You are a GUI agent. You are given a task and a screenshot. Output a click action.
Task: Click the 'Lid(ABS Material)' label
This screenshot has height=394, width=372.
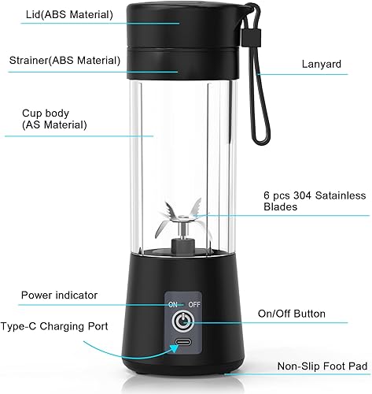pos(69,14)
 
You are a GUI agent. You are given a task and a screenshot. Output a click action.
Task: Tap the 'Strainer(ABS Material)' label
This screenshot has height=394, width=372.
pos(64,61)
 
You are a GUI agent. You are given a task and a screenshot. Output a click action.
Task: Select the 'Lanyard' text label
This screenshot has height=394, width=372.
pos(322,65)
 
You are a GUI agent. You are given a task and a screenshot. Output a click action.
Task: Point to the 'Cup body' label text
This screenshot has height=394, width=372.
pos(46,113)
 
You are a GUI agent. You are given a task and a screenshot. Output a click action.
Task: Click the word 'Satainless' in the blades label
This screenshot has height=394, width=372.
pos(341,195)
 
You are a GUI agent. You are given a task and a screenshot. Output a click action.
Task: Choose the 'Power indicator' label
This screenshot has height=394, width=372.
pos(59,295)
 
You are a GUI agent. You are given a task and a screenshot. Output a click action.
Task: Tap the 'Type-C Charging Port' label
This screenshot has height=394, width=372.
pos(54,326)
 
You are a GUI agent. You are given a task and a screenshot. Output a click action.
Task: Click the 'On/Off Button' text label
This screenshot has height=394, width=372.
pos(292,314)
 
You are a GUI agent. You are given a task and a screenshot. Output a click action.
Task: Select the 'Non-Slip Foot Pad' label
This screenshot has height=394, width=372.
pos(322,366)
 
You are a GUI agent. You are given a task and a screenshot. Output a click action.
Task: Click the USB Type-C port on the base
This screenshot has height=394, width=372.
pos(183,342)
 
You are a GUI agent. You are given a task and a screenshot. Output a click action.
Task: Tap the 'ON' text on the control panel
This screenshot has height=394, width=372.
pos(173,305)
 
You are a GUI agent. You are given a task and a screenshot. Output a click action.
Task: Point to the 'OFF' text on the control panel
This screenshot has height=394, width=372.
pos(194,305)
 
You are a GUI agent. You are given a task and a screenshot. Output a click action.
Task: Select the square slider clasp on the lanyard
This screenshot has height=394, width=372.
pos(252,38)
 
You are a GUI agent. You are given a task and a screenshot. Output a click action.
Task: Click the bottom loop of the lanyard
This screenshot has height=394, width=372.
pos(261,136)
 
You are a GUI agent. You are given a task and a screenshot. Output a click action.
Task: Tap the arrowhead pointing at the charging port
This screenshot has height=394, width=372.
pos(175,349)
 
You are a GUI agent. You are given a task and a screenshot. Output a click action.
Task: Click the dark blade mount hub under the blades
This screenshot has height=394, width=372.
pos(183,246)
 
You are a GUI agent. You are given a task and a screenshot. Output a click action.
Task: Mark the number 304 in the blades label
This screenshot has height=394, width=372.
pos(303,195)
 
